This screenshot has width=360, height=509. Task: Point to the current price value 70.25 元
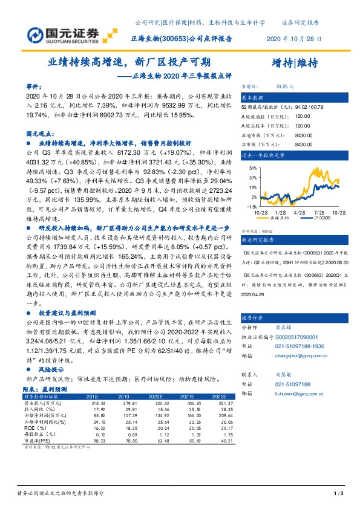(x=284, y=86)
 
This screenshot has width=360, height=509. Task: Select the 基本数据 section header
(x=253, y=97)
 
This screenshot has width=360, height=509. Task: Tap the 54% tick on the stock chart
(x=250, y=169)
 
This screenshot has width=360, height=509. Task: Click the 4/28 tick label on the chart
(x=298, y=212)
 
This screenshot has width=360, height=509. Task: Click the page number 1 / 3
(x=338, y=495)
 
